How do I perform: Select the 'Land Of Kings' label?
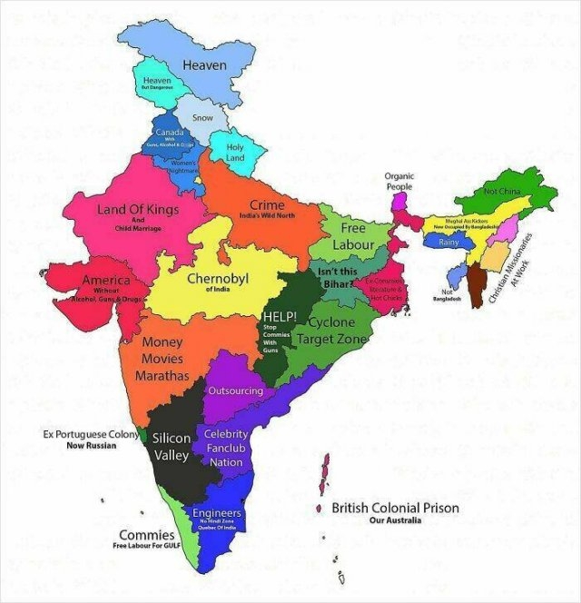tap(139, 210)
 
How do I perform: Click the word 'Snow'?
tap(203, 117)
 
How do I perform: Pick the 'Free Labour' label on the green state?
tap(352, 236)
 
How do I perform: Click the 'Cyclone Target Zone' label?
tap(337, 331)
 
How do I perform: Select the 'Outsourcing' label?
tap(235, 391)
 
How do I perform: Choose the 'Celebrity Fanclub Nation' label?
tap(226, 448)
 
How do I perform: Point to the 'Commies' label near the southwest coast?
tap(146, 535)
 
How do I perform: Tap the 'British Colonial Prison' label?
tap(395, 509)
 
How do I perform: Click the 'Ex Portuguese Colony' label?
tap(92, 435)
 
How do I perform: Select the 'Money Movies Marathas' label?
tap(164, 359)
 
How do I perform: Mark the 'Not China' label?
tap(502, 193)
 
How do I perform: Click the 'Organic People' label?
tap(399, 181)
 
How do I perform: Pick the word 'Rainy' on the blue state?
tap(448, 243)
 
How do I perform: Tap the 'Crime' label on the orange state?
tap(267, 206)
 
